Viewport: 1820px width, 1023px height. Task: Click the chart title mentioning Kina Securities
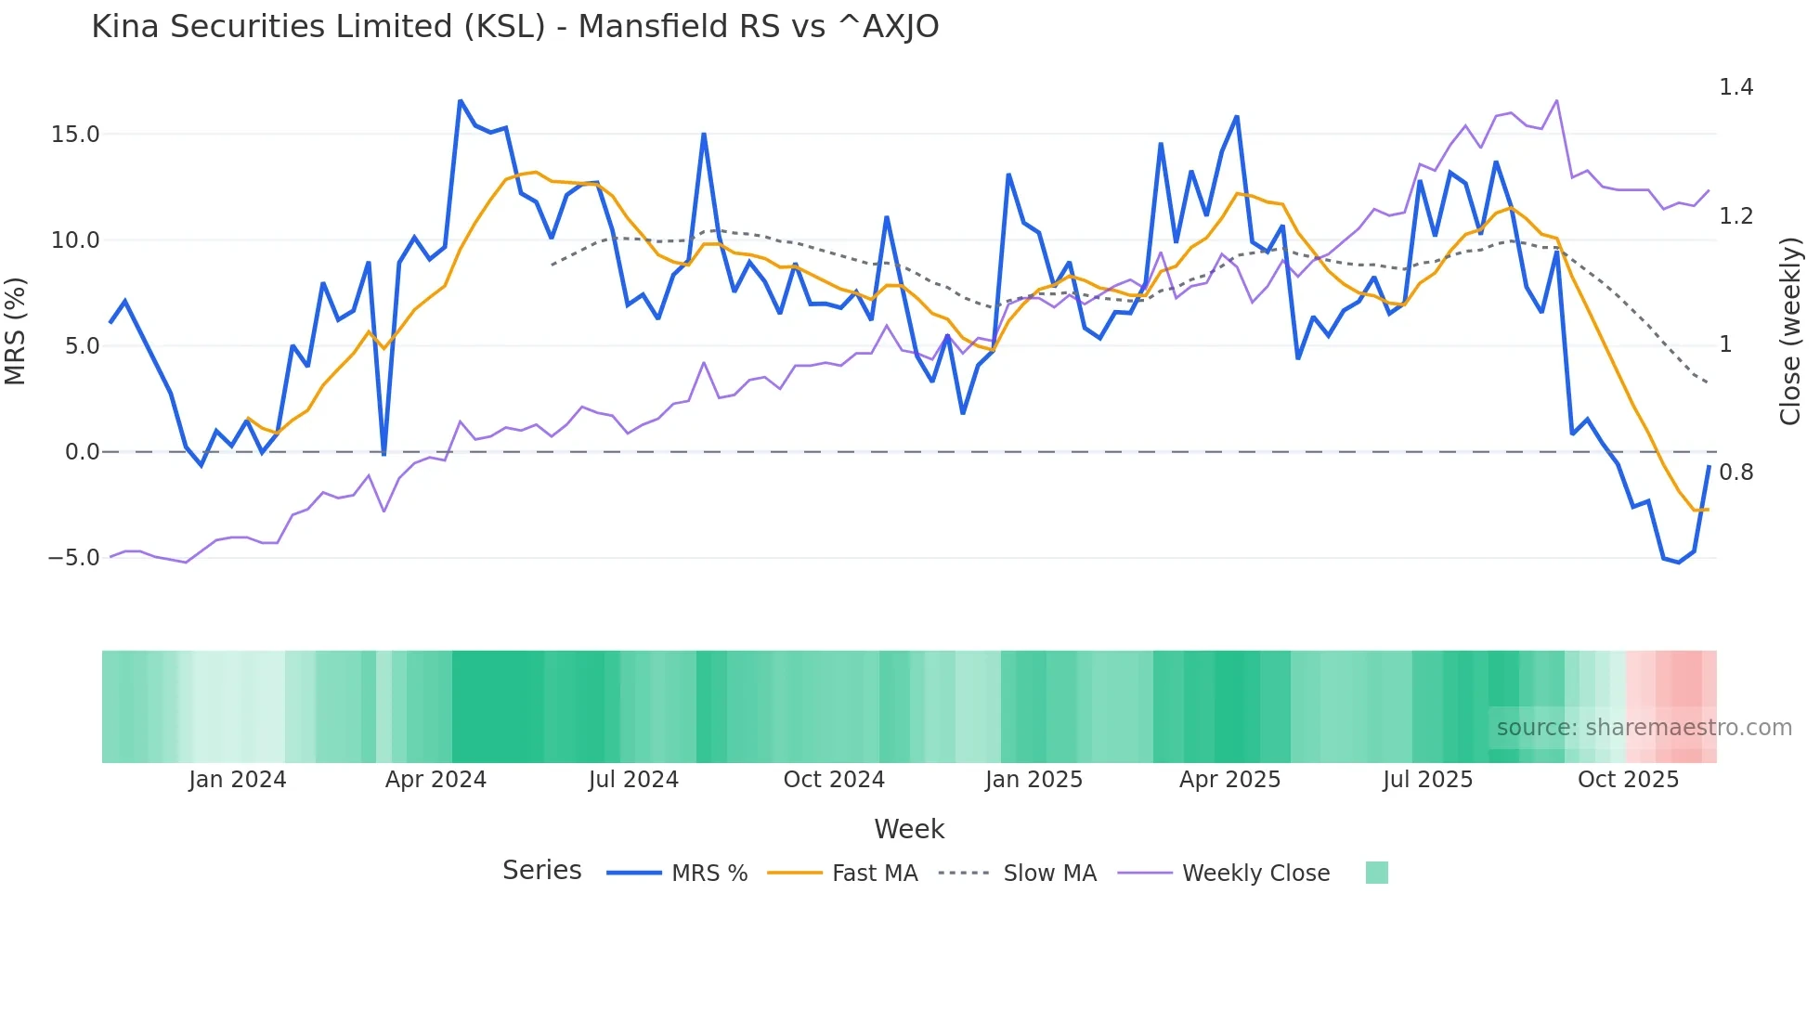(514, 27)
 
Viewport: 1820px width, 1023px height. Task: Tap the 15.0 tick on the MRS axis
(74, 135)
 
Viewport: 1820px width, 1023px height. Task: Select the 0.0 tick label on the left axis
(82, 452)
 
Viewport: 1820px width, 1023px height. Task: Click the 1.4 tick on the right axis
(1735, 87)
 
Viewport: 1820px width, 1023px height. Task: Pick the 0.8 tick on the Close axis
(1735, 473)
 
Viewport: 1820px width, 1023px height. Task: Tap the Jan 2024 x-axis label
(237, 780)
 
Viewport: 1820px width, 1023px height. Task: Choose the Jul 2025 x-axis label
(1427, 780)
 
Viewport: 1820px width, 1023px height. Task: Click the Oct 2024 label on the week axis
(834, 780)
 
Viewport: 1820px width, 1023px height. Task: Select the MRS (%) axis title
(16, 331)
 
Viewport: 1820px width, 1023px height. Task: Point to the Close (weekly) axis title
(1790, 331)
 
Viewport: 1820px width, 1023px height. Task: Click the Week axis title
(909, 829)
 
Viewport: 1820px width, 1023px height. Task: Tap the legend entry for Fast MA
(874, 874)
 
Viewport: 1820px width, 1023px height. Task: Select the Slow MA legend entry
(1049, 874)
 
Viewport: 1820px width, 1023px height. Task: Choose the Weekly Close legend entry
(1255, 874)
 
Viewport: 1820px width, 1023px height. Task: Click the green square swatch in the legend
(1376, 873)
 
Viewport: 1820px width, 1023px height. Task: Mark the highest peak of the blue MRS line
(461, 100)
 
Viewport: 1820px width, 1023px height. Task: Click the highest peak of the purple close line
(1557, 100)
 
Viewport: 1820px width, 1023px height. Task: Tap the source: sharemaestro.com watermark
(1644, 728)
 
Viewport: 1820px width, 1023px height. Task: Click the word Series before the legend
(541, 871)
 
